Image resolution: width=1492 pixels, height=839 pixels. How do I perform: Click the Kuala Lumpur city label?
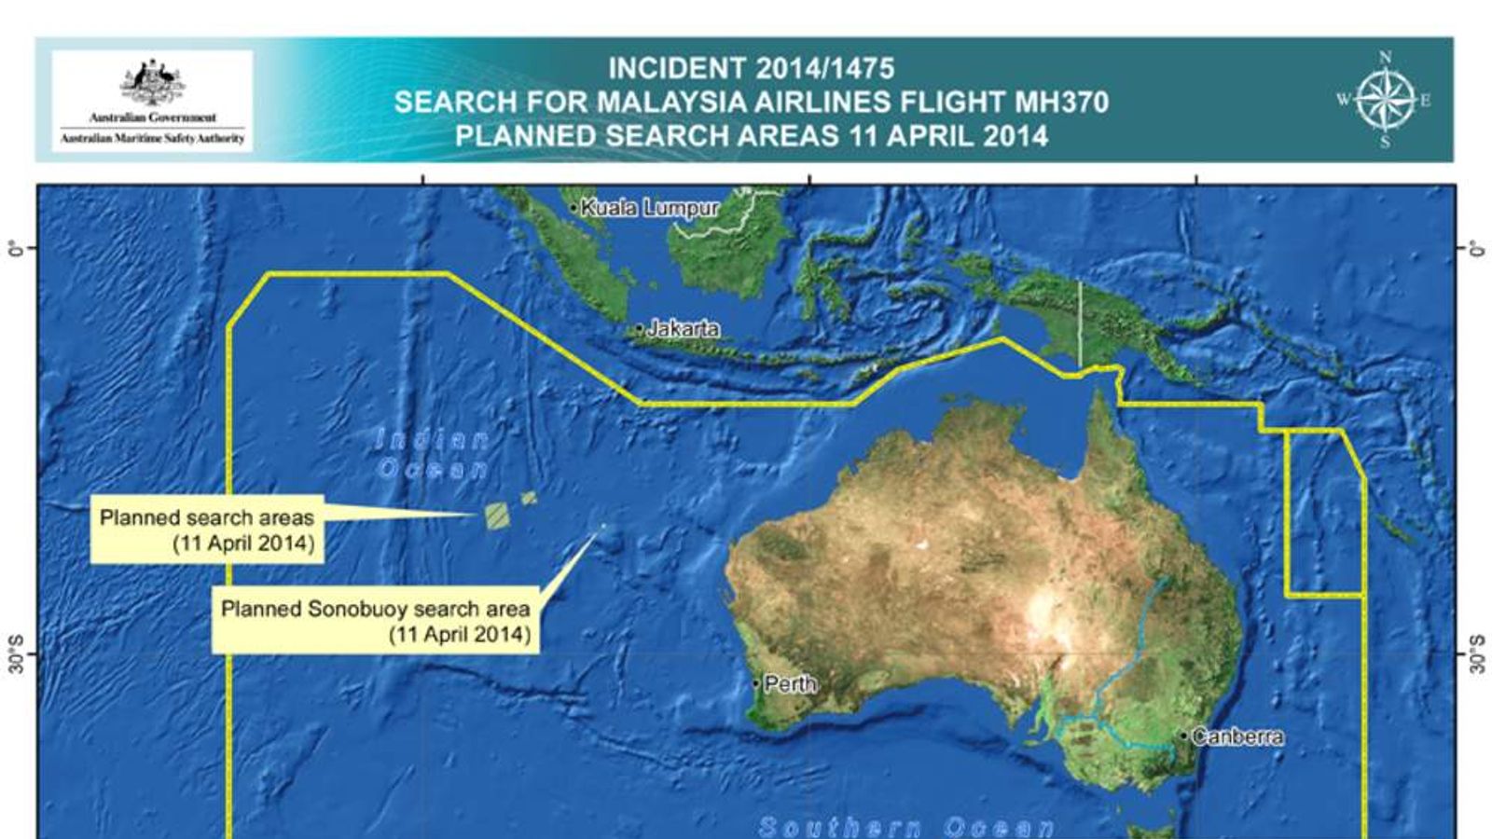pos(649,208)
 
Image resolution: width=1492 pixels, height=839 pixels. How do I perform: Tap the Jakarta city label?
pos(683,328)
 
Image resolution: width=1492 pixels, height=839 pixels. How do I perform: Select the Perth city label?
pos(790,684)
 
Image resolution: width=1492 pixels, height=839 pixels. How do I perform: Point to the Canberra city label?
pos(1237,736)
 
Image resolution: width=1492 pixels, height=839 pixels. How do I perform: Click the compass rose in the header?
pos(1385,101)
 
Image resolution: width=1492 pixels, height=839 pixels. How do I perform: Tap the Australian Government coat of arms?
pos(153,84)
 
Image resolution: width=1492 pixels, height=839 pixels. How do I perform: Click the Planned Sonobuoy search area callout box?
pos(375,621)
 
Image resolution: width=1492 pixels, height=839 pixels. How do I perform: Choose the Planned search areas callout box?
pos(207,530)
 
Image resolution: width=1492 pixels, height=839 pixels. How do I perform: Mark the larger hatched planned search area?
pos(498,516)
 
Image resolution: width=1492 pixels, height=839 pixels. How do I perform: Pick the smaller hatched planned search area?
pos(529,499)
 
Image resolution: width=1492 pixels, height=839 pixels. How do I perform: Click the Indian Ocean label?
pos(433,454)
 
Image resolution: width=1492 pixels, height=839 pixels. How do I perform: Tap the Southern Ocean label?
pos(906,827)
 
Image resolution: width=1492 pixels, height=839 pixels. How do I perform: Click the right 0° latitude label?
pos(1475,249)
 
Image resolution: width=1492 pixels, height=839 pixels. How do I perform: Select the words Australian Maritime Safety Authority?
pos(152,138)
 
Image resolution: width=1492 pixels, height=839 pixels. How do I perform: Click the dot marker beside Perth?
pos(756,684)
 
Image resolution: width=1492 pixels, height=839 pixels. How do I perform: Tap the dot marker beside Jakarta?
pos(640,329)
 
